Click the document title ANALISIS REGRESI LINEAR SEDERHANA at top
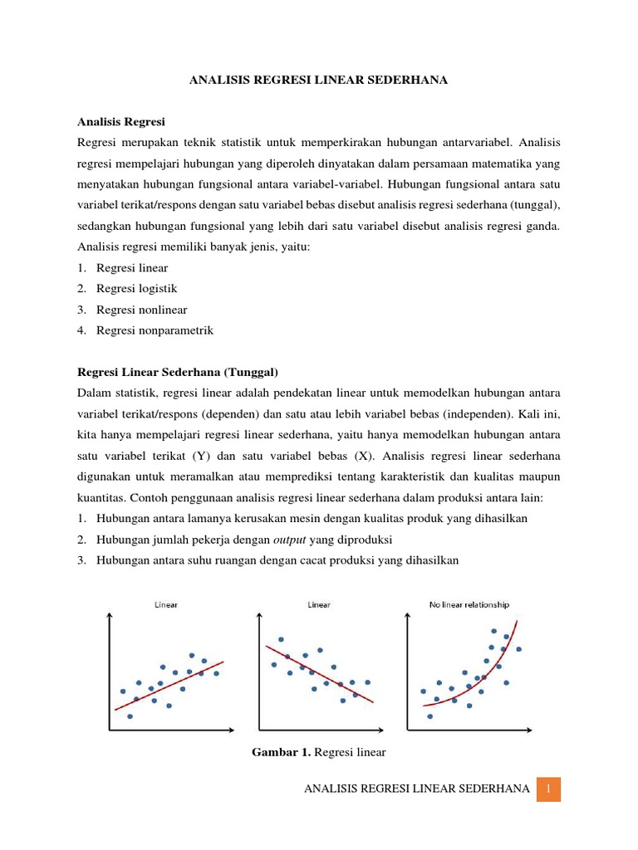318,80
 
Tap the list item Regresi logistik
136,289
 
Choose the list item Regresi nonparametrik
155,330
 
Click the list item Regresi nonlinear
141,310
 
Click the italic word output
290,539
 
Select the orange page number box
548,789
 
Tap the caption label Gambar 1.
281,752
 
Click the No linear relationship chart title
469,604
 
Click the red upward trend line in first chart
169,685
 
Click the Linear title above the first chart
166,604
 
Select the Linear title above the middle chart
319,604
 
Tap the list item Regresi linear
132,268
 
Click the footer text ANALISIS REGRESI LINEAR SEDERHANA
417,789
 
